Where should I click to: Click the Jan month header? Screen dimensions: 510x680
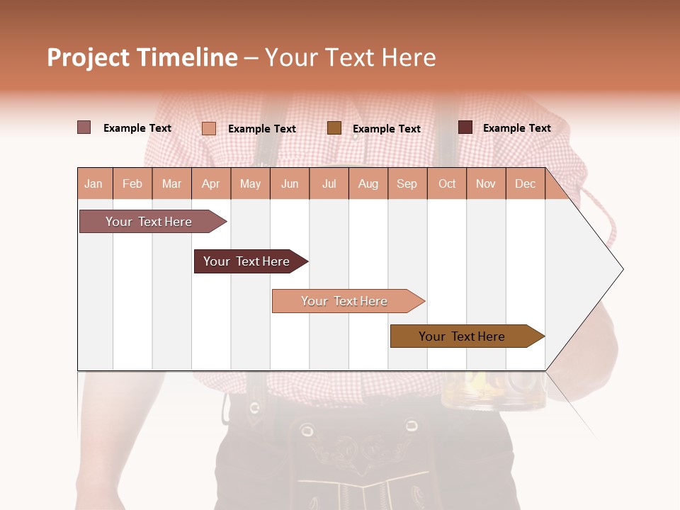coord(94,183)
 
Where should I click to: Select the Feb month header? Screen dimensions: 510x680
coord(132,183)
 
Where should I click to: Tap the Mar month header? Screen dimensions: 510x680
coord(171,183)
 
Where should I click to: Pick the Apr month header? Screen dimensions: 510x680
coord(211,183)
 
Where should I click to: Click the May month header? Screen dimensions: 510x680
coord(250,183)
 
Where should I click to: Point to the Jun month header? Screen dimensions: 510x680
coord(290,183)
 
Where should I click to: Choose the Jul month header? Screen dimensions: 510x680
coord(329,183)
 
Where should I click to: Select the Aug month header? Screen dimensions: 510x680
coord(368,183)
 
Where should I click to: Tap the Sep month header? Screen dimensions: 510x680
coord(407,183)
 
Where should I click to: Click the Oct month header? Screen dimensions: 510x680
coord(447,183)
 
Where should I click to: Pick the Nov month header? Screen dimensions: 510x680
coord(486,183)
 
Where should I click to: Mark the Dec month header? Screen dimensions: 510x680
coord(526,183)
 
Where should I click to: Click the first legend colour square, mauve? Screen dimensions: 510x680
coord(84,127)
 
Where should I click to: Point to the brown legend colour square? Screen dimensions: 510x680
coord(334,127)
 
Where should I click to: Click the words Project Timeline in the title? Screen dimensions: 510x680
coord(142,57)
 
